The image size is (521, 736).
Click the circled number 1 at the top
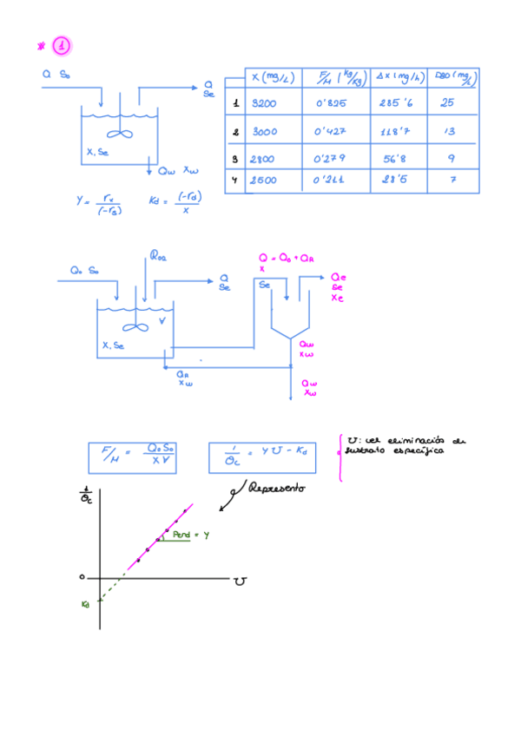(62, 45)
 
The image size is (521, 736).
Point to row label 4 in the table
(235, 180)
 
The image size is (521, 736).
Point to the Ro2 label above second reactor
(161, 255)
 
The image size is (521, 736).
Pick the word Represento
(277, 490)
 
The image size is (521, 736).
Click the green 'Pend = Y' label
(191, 535)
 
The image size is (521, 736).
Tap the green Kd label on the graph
(86, 603)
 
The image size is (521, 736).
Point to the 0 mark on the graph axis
(81, 576)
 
